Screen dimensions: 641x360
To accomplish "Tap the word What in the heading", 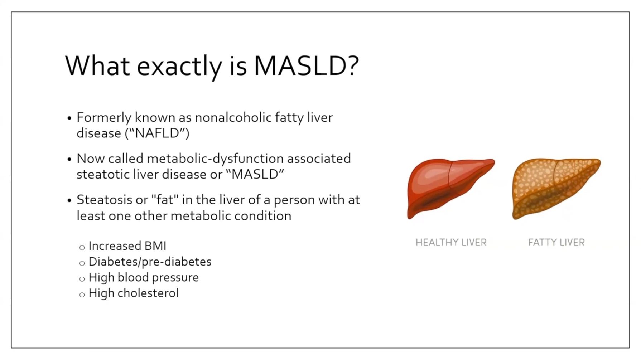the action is pyautogui.click(x=97, y=66).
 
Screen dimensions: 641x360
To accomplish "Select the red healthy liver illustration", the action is pyautogui.click(x=451, y=189).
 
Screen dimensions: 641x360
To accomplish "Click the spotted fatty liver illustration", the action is pyautogui.click(x=556, y=189).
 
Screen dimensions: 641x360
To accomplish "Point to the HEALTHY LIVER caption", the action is pyautogui.click(x=451, y=243).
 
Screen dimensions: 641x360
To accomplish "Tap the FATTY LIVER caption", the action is pyautogui.click(x=556, y=243).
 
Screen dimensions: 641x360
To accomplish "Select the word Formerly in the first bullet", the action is pyautogui.click(x=104, y=117).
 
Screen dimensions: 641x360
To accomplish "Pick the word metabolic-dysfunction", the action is pyautogui.click(x=215, y=159).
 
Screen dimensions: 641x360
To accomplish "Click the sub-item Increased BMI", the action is pyautogui.click(x=127, y=246).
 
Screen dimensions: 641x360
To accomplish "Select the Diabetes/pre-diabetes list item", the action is pyautogui.click(x=150, y=262).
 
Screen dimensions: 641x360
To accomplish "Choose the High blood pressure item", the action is pyautogui.click(x=144, y=277).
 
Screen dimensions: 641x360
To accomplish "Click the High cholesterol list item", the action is pyautogui.click(x=134, y=293).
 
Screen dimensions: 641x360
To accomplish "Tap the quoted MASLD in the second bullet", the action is pyautogui.click(x=255, y=174).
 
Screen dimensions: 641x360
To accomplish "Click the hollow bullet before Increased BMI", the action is pyautogui.click(x=82, y=247).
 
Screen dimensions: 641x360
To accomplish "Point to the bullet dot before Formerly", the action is pyautogui.click(x=69, y=118).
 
